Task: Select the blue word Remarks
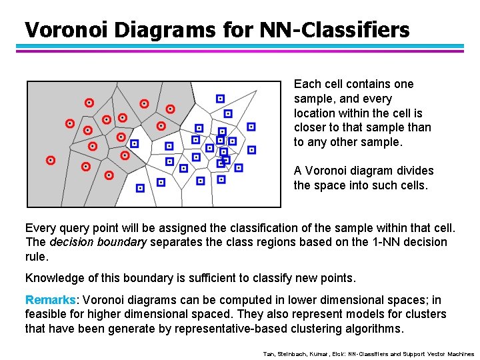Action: coord(50,300)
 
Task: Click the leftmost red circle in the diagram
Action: coord(51,160)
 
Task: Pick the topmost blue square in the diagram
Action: coord(220,99)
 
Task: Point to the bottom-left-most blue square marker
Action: coord(140,189)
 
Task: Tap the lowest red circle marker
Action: coord(109,175)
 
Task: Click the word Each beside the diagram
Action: coord(307,84)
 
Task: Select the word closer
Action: coord(310,127)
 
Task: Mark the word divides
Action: coord(413,171)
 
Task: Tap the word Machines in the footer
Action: coord(459,354)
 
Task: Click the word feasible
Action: coord(47,314)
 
